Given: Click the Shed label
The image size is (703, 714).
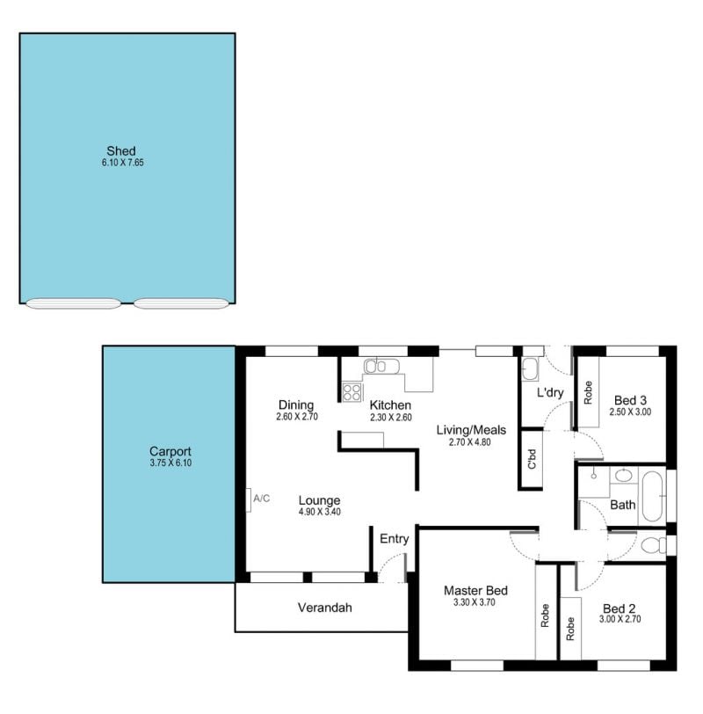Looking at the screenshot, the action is [x=121, y=150].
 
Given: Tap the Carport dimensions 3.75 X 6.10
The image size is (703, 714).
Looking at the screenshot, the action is [x=170, y=463].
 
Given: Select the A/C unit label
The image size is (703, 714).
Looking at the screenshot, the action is [x=261, y=499].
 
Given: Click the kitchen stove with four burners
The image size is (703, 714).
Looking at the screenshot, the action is [x=352, y=392].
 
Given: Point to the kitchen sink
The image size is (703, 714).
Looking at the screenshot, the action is [x=381, y=366].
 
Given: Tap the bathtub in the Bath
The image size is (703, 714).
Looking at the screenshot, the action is [x=651, y=498].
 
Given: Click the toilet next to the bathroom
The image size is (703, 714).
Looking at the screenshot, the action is [x=654, y=544].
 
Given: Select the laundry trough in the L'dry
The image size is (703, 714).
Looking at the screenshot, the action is [x=530, y=368].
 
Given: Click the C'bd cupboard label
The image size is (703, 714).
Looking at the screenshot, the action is [x=532, y=459].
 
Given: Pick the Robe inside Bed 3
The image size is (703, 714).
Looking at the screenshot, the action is [x=588, y=392].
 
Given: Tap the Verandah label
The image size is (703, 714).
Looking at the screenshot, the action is [x=325, y=608].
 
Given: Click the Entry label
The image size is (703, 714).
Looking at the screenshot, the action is [x=394, y=539].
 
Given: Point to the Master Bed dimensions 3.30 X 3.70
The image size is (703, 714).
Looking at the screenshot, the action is [x=475, y=602].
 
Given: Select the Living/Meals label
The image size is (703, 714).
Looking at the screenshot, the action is [x=471, y=430].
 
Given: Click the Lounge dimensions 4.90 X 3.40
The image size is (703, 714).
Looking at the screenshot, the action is [x=319, y=512].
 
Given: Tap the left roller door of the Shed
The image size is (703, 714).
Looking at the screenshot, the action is [x=73, y=303].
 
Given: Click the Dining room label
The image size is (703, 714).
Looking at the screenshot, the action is [x=296, y=404].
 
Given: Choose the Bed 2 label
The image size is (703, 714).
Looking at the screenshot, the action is [x=619, y=608].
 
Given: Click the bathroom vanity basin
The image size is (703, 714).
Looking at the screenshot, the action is [x=624, y=476].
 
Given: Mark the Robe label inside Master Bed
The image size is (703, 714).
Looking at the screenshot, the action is [x=545, y=616].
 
